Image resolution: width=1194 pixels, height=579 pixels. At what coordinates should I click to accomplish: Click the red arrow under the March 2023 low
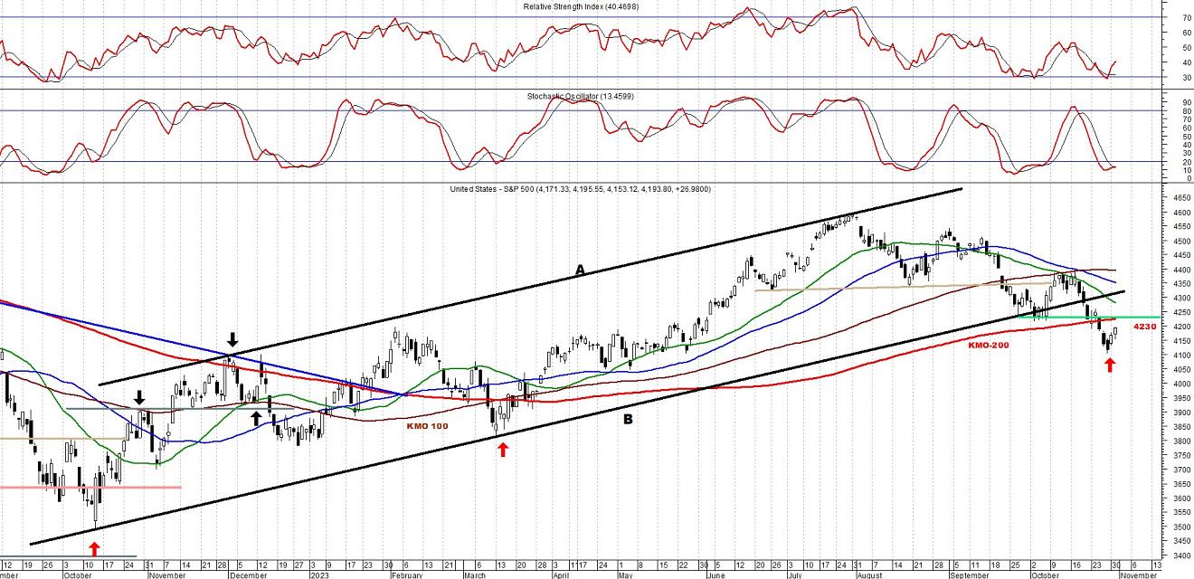[x=503, y=449]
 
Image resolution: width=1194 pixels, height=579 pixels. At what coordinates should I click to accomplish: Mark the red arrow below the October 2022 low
[x=94, y=547]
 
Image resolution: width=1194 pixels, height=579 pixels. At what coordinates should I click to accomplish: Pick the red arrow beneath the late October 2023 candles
[x=1110, y=365]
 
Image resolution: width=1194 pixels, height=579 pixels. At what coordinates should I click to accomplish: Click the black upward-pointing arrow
[x=256, y=417]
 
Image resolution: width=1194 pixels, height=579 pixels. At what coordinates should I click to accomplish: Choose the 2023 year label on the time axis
[x=320, y=574]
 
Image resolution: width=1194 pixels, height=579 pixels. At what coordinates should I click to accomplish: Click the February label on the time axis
[x=406, y=574]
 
